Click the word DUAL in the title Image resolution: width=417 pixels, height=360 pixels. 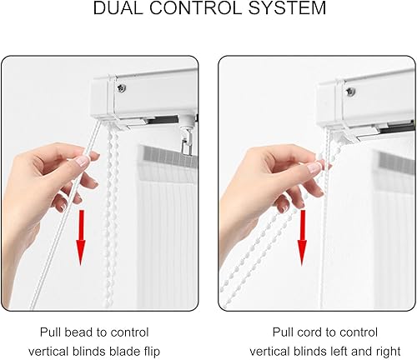point(118,7)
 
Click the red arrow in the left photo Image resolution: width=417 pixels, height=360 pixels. point(81,237)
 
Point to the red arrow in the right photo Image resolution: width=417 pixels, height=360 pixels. point(303,237)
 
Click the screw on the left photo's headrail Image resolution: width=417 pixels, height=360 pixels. point(122,87)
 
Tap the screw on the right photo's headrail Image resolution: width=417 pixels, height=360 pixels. point(350,91)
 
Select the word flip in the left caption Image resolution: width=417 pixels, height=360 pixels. point(153,352)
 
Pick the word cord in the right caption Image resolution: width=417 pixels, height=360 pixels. point(310,332)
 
